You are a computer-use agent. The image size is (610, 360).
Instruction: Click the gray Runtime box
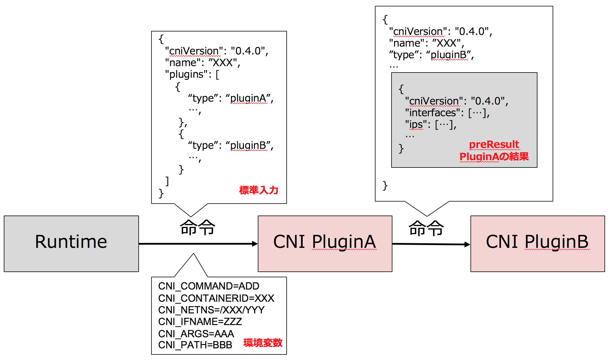click(x=71, y=243)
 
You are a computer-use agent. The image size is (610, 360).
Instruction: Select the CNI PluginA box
click(x=325, y=243)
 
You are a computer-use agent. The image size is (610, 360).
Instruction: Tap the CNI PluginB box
click(x=537, y=243)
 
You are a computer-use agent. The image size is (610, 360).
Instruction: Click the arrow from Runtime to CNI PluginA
click(x=198, y=243)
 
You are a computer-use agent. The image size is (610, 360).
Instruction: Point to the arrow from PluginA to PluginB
click(x=431, y=244)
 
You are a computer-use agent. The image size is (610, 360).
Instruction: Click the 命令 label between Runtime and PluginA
click(x=198, y=227)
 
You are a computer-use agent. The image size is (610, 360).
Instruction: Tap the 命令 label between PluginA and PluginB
click(x=426, y=228)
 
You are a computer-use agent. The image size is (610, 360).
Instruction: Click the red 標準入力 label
click(x=258, y=190)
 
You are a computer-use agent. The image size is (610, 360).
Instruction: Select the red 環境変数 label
click(x=263, y=343)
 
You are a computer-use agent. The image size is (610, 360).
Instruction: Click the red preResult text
click(x=494, y=144)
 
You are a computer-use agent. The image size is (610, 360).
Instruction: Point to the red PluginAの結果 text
click(x=494, y=157)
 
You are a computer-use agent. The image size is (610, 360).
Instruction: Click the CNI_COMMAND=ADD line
click(x=209, y=286)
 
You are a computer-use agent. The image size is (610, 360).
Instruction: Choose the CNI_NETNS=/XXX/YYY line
click(x=211, y=310)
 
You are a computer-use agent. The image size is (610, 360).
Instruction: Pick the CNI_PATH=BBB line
click(x=195, y=345)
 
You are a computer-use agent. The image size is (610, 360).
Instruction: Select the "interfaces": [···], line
click(x=447, y=113)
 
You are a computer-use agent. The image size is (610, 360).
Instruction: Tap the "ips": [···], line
click(x=431, y=125)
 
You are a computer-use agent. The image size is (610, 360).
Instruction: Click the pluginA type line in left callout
click(x=230, y=98)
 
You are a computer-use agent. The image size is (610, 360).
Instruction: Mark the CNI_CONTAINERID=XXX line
click(x=216, y=298)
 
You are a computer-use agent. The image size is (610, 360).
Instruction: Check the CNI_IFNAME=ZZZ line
click(x=200, y=322)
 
